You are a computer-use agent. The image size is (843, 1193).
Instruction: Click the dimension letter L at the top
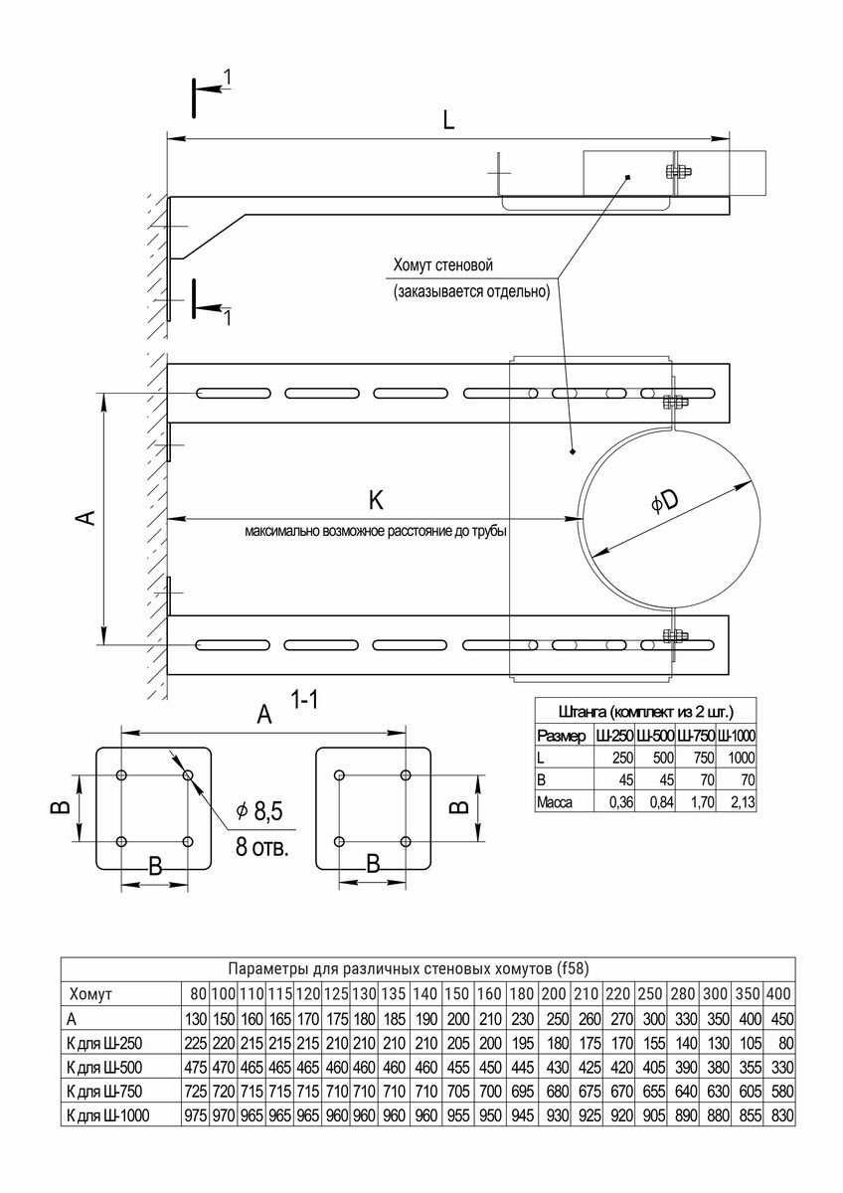449,121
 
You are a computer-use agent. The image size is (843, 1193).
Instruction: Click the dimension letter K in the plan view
376,499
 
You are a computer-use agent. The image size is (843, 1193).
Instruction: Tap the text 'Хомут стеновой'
443,266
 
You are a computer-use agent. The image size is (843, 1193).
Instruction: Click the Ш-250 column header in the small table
611,736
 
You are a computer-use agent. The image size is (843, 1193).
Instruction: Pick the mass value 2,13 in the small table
738,802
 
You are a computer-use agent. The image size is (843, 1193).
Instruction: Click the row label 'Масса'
555,802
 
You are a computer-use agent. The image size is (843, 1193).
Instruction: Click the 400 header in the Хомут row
779,993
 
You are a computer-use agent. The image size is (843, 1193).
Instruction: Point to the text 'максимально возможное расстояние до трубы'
376,532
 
